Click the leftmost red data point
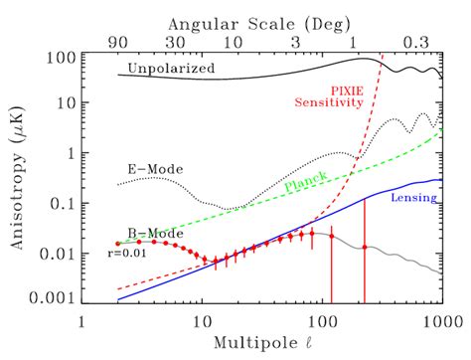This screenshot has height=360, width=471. pos(118,244)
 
